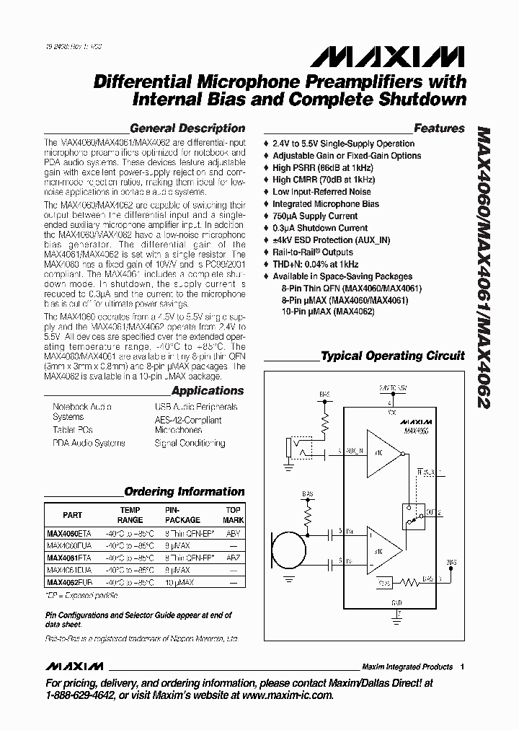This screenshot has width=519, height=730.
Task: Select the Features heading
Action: pos(439,128)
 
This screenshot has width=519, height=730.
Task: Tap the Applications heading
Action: pos(208,391)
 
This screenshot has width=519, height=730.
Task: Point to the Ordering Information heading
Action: pos(185,492)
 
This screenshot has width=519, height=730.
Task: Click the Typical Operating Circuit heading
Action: pos(392,356)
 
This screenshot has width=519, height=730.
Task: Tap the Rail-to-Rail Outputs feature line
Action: pos(312,252)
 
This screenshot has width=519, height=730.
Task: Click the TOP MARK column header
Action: pos(233,514)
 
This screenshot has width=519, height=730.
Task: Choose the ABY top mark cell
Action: pos(233,535)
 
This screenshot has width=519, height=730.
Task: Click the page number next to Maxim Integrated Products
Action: pos(462,667)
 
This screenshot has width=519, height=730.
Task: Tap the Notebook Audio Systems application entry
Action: pos(81,412)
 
